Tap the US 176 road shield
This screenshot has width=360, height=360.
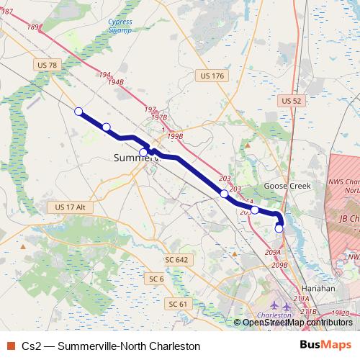click(x=213, y=75)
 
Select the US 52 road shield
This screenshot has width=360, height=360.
click(x=292, y=101)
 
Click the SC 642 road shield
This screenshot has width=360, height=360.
click(x=176, y=259)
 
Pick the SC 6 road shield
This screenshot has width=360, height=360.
click(x=156, y=278)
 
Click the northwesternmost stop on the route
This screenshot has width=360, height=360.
click(x=78, y=111)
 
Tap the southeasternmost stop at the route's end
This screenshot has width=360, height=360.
click(x=279, y=228)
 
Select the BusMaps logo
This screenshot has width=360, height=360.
click(x=326, y=346)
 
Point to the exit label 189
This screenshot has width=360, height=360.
click(x=32, y=27)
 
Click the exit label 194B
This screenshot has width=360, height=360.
click(x=115, y=83)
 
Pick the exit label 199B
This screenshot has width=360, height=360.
click(x=174, y=135)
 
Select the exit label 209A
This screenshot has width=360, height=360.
click(x=272, y=252)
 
